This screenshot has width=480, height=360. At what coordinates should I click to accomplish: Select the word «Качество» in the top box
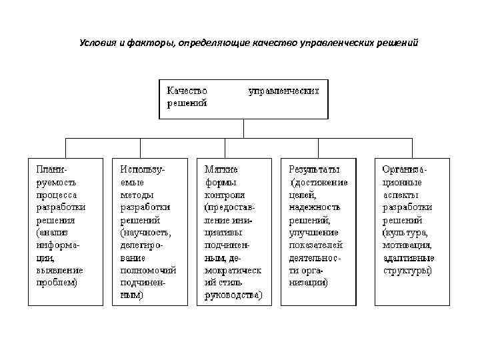coord(187,90)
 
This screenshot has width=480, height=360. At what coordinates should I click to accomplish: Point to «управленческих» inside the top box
coord(283,90)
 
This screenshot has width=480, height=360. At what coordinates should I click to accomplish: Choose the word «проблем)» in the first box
coord(57,283)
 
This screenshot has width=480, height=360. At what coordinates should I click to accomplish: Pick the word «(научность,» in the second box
coord(145,233)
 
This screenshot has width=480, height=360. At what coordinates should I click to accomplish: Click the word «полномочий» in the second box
coord(147,270)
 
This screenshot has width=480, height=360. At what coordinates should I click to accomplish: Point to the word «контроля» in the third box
coord(225,195)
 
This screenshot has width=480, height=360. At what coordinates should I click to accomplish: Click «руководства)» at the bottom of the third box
coord(233,295)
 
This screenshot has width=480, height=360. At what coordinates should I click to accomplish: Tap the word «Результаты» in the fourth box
coord(313,169)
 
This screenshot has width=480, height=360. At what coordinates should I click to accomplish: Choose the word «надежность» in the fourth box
coord(314,207)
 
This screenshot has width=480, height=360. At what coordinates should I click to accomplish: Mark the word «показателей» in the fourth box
coord(316,245)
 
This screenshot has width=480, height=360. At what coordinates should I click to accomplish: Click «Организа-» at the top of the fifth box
coord(405,169)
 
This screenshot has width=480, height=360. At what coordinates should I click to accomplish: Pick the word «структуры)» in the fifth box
coord(407,270)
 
